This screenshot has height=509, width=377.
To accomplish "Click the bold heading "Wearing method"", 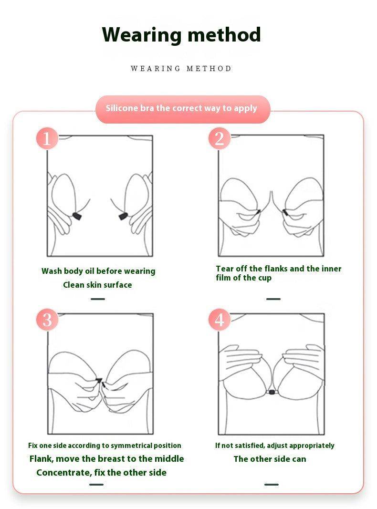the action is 181,35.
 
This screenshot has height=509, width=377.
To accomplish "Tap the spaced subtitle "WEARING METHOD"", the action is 181,69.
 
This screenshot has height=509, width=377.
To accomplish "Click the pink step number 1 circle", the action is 47,138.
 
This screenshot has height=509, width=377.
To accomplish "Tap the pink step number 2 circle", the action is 220,138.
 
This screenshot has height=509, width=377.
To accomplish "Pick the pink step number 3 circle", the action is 47,320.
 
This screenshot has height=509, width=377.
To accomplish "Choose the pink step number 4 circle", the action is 220,320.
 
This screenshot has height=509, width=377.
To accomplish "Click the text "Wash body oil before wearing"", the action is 98,271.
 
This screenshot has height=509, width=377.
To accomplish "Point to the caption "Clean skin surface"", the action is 97,285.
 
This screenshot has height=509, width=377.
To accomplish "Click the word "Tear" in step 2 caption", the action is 224,269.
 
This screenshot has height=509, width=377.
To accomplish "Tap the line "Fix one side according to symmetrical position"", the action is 105,446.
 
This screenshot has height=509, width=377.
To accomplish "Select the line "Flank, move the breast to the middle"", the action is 106,459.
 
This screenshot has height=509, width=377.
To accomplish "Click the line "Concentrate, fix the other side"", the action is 101,472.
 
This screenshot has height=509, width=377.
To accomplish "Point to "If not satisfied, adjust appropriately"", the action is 275,446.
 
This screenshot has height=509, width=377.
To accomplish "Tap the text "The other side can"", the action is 270,459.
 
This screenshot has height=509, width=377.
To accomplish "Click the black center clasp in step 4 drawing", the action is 272,392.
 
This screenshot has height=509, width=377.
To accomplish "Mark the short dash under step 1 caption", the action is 98,299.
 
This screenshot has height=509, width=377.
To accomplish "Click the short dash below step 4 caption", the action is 272,484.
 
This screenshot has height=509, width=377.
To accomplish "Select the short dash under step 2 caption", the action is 273,299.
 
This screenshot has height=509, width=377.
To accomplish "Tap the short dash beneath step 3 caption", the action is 96,484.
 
